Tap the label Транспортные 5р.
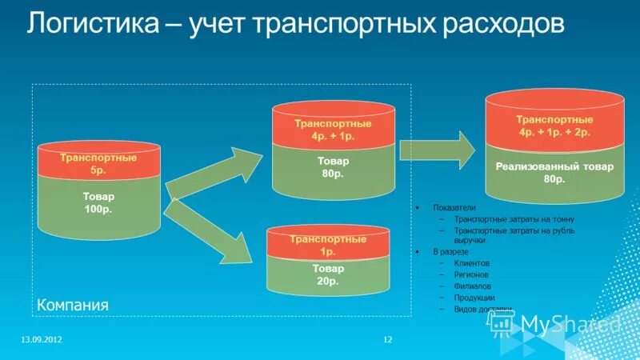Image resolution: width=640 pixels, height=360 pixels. coord(98,164)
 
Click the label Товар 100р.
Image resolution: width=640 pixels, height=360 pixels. coord(98,202)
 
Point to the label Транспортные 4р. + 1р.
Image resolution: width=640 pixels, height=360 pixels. coord(334,130)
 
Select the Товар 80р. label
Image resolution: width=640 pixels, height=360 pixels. coord(334,166)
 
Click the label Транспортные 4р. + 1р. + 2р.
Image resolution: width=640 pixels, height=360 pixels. coord(554,126)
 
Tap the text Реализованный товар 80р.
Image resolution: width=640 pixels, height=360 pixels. coord(554,174)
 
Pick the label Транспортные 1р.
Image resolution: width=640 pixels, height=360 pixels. coord(328,245)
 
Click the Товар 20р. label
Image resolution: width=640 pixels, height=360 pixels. coord(328,274)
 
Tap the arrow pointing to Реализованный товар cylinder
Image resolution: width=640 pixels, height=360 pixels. coord(436,148)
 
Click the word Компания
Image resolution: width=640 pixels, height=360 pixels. coord(72,306)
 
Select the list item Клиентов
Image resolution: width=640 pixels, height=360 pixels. coord(471,262)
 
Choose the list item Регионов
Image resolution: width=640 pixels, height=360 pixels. coord(471,274)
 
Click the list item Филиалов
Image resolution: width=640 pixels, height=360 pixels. coord(472,286)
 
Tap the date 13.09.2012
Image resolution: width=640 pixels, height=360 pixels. coord(41,340)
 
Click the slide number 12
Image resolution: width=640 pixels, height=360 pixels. coord(388,340)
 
